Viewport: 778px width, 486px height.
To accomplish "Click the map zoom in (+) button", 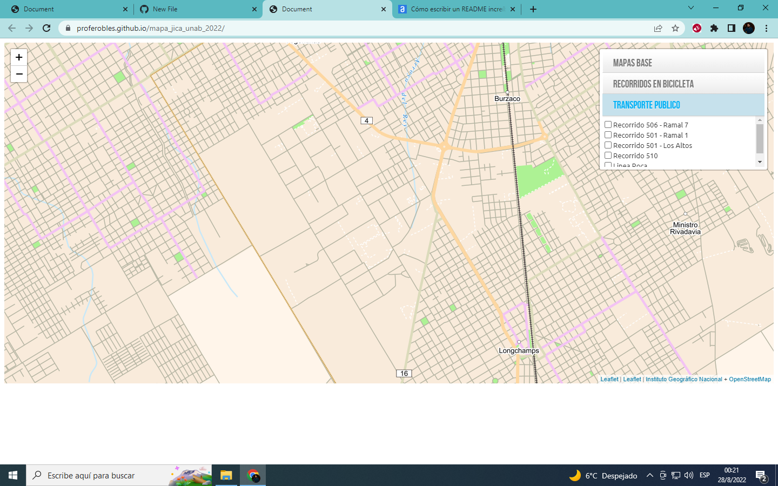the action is point(19,57).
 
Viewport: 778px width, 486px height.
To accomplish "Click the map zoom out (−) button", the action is point(19,74).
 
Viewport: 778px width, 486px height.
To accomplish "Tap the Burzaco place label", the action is point(507,99).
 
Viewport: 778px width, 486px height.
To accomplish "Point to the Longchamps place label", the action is point(519,351).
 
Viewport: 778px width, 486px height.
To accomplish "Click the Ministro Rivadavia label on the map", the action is point(685,228).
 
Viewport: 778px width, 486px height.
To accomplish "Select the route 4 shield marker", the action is point(367,121).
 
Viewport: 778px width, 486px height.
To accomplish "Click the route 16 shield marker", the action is point(404,374).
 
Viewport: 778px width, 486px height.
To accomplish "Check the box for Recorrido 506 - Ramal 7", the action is point(608,125).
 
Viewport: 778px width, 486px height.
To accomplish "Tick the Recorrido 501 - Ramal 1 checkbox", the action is point(608,135).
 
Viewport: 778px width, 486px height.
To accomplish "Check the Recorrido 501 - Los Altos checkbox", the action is point(608,145).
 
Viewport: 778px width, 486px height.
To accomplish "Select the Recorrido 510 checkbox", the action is point(608,156).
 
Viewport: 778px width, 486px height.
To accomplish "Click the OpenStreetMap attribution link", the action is point(749,380).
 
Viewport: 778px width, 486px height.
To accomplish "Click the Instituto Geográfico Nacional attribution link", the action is point(683,380).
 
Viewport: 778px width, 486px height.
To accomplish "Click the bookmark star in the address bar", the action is point(675,29).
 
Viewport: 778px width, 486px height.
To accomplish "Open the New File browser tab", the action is point(194,9).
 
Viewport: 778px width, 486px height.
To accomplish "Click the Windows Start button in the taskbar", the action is point(13,475).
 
